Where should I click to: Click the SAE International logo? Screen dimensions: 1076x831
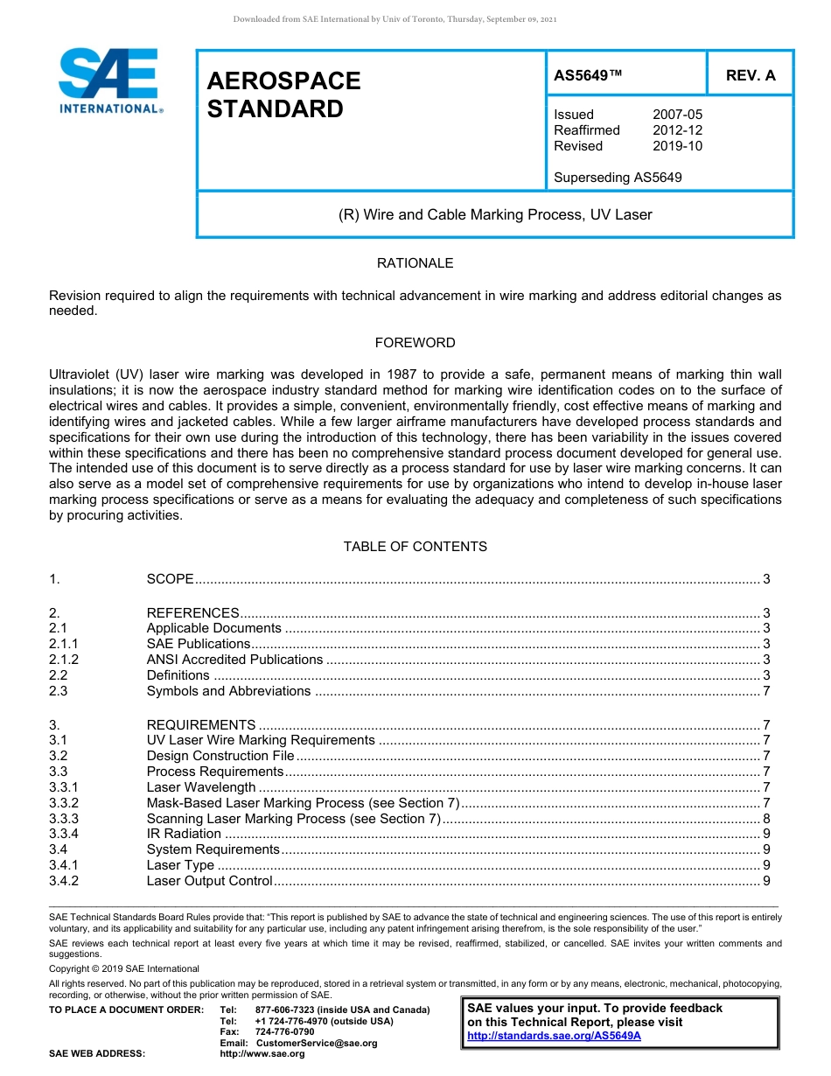click(x=109, y=80)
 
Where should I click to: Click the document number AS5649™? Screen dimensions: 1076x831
click(x=588, y=75)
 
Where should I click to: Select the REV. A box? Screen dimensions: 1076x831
click(x=750, y=75)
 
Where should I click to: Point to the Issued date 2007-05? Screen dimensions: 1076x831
click(x=677, y=115)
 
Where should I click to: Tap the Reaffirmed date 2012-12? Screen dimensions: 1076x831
click(x=677, y=130)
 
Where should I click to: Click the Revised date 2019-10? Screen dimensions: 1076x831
click(x=677, y=146)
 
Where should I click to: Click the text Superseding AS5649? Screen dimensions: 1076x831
click(x=618, y=178)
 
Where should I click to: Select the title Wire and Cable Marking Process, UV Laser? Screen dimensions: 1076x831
click(x=495, y=214)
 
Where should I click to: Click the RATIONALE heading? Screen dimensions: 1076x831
click(x=415, y=263)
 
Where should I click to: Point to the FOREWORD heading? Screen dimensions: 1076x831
click(x=415, y=343)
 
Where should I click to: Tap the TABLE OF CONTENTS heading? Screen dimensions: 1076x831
click(x=415, y=547)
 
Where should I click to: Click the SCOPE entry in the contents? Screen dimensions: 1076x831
click(x=170, y=579)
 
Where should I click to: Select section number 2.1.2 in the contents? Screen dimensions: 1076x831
click(x=64, y=660)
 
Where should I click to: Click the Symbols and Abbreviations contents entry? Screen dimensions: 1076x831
click(x=228, y=691)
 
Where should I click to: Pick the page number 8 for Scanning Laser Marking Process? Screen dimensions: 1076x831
click(x=766, y=819)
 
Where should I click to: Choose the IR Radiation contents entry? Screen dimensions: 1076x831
click(x=184, y=834)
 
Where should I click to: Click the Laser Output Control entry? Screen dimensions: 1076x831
click(x=210, y=881)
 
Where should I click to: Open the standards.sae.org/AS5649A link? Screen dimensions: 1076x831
click(x=554, y=1036)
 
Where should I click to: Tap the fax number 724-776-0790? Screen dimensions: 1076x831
click(x=284, y=1032)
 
